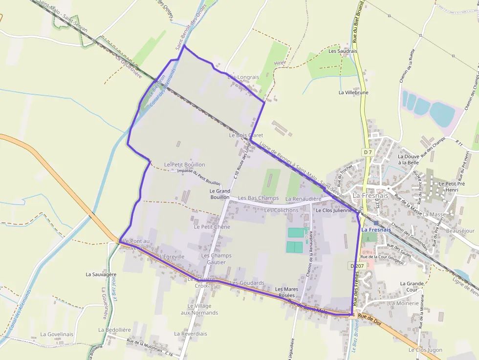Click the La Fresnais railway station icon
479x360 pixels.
(x=376, y=222)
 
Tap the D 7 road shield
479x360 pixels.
(x=368, y=152)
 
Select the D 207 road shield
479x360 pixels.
(x=358, y=266)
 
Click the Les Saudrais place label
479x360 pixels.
(x=343, y=51)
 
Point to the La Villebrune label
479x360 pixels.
(x=353, y=92)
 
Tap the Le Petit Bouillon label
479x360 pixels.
(x=184, y=165)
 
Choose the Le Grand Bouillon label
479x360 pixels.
(x=219, y=194)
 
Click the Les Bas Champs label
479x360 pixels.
(x=258, y=198)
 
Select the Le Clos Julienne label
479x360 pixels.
(x=334, y=211)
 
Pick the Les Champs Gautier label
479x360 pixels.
(x=216, y=259)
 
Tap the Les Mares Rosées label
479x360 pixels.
(x=286, y=292)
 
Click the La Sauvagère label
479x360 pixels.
(x=101, y=275)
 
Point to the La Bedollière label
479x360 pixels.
(x=114, y=330)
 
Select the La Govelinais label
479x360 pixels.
(x=57, y=334)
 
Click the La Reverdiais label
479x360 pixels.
(x=190, y=334)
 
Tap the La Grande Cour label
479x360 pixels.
(x=412, y=286)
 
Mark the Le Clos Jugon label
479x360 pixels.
(x=425, y=350)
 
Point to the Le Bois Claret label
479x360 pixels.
(x=246, y=135)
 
